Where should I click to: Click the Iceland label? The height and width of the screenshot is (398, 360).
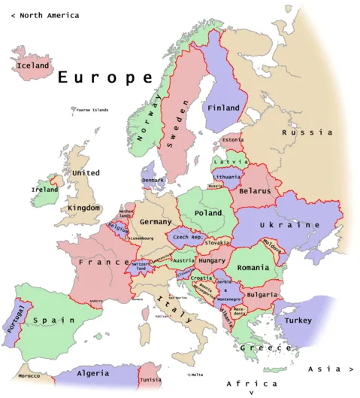click(32, 65)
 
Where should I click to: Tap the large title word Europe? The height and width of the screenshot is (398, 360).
click(105, 77)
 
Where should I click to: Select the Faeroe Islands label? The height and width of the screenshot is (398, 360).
click(92, 110)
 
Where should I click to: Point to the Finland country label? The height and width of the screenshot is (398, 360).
click(223, 108)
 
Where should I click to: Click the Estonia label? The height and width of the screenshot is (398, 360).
click(233, 139)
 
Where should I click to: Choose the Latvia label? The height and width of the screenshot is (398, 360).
click(230, 162)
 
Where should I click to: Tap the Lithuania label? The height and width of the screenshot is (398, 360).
click(227, 177)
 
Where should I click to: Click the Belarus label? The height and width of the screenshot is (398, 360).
click(254, 191)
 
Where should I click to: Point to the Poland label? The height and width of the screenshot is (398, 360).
click(208, 213)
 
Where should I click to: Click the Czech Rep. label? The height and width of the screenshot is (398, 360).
click(189, 237)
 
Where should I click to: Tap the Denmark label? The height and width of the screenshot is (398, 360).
click(153, 180)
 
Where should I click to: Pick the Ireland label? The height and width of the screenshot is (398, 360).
click(44, 190)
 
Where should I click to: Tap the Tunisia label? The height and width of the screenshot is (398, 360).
click(151, 380)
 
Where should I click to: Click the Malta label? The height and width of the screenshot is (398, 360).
click(197, 375)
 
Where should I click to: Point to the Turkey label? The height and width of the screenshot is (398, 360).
click(298, 320)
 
